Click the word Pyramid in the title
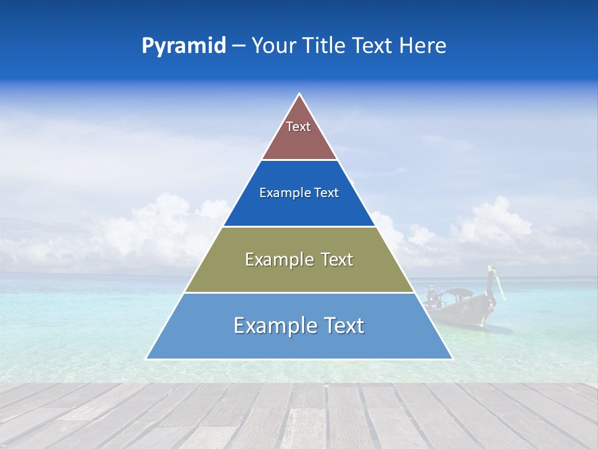coord(183,46)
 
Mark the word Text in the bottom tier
coord(343,326)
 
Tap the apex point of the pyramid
coord(299,95)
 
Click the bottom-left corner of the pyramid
coord(147,358)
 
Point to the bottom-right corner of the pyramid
coord(452,358)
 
